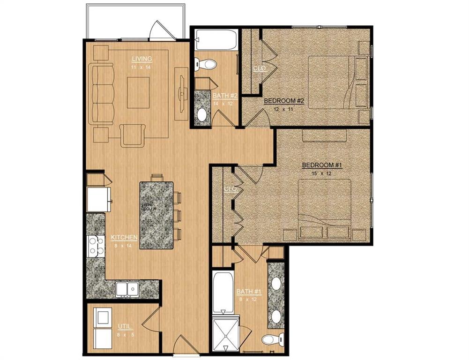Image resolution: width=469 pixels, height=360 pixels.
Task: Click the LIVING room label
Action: (x=141, y=59)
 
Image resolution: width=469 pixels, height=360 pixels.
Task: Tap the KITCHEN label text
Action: (x=124, y=237)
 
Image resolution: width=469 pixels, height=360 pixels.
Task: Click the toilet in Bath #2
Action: (x=205, y=63)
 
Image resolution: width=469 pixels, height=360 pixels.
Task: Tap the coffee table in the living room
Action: (x=138, y=92)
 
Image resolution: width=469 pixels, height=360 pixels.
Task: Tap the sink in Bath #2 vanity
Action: (x=202, y=114)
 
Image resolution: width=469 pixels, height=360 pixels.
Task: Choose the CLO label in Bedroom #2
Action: (x=259, y=68)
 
